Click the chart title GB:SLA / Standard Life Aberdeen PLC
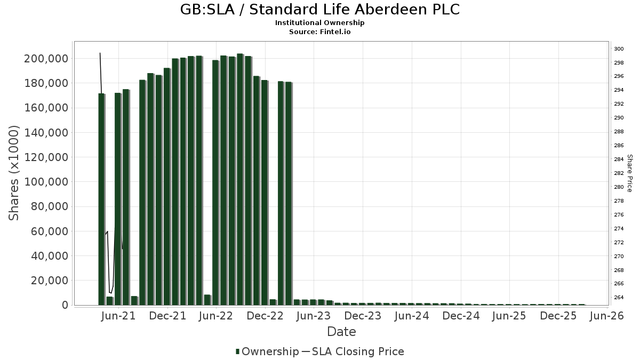coord(319,10)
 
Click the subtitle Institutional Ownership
coord(319,23)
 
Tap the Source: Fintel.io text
coord(319,32)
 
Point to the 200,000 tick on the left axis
coord(46,59)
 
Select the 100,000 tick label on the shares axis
coord(46,182)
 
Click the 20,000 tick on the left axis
coord(49,281)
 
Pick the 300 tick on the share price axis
coord(619,49)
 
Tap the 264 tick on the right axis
coord(619,298)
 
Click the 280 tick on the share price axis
coord(619,187)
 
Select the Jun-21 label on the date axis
coord(118,316)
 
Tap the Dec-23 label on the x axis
coord(363,316)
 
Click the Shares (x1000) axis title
coord(14,173)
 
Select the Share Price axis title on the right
coord(629,173)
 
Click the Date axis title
coord(341,332)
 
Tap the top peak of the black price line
coord(100,53)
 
